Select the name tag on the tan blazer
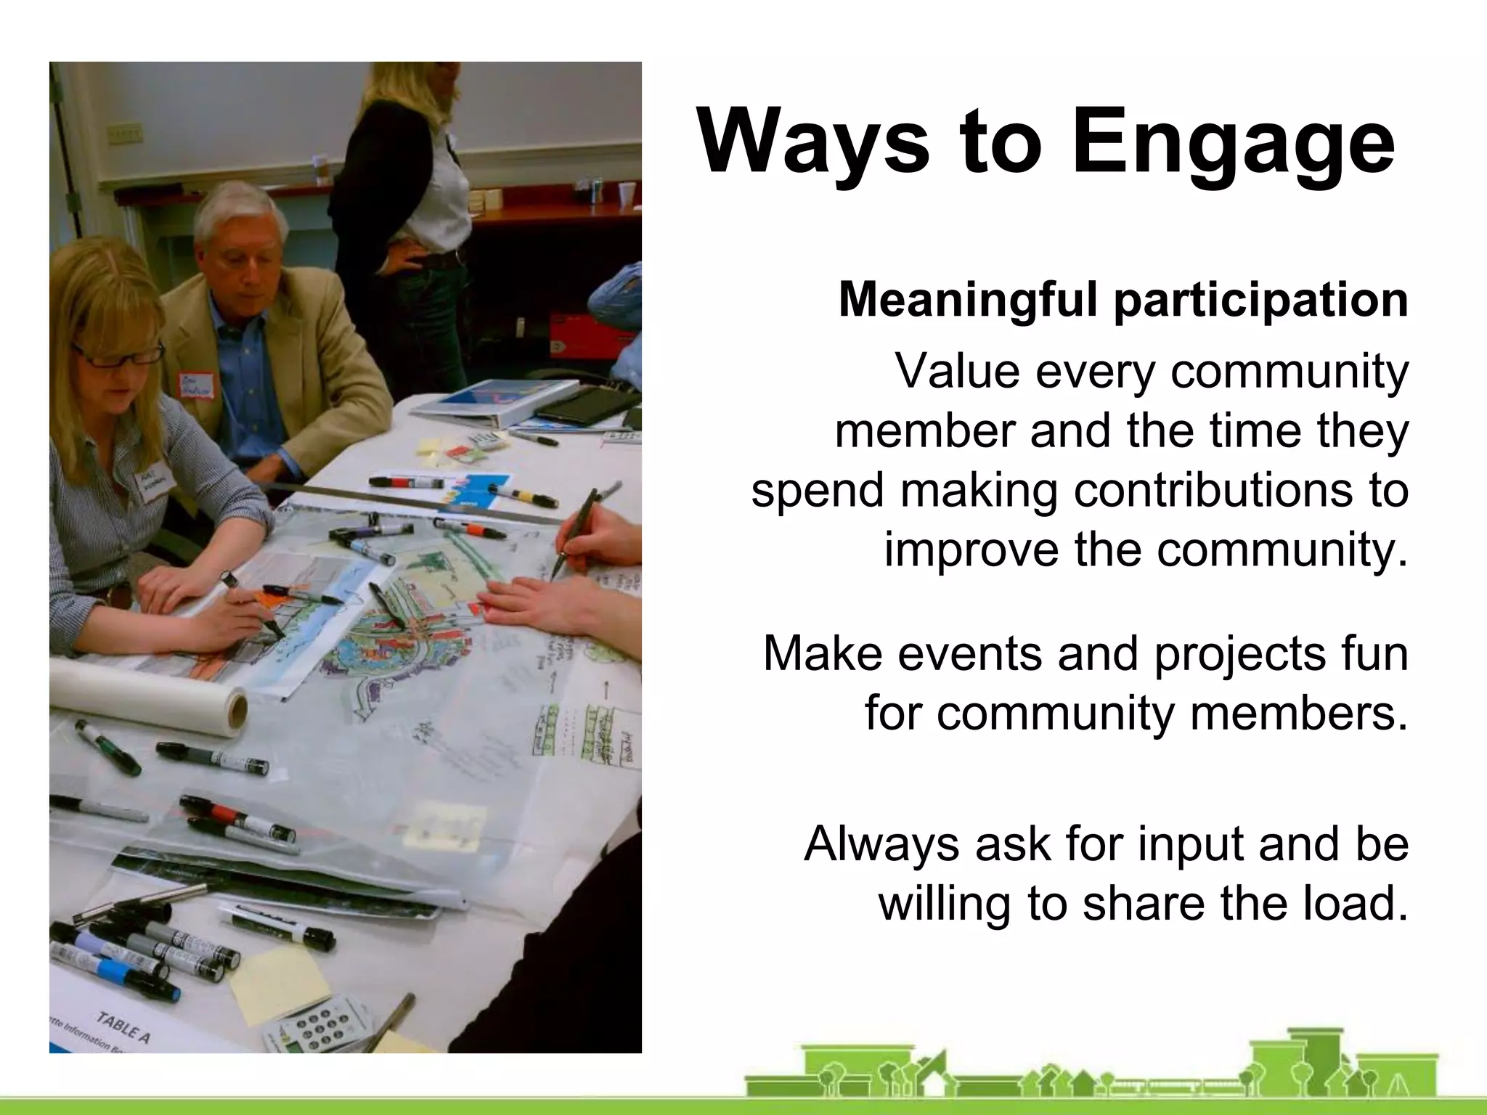197,385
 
